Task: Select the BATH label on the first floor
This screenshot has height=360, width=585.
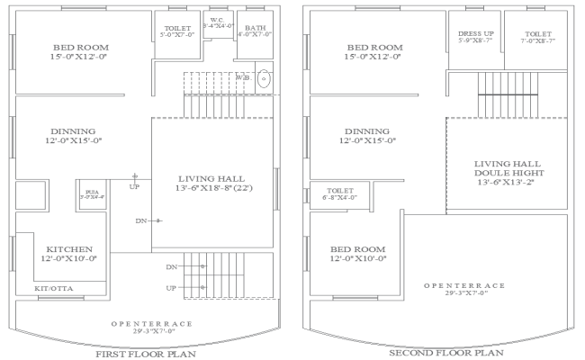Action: click(x=255, y=28)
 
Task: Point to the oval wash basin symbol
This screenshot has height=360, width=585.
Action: click(x=264, y=79)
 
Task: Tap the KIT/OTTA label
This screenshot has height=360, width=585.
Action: click(x=53, y=288)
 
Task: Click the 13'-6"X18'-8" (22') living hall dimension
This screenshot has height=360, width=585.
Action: click(x=213, y=190)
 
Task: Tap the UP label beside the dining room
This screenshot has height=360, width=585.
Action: click(x=136, y=187)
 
